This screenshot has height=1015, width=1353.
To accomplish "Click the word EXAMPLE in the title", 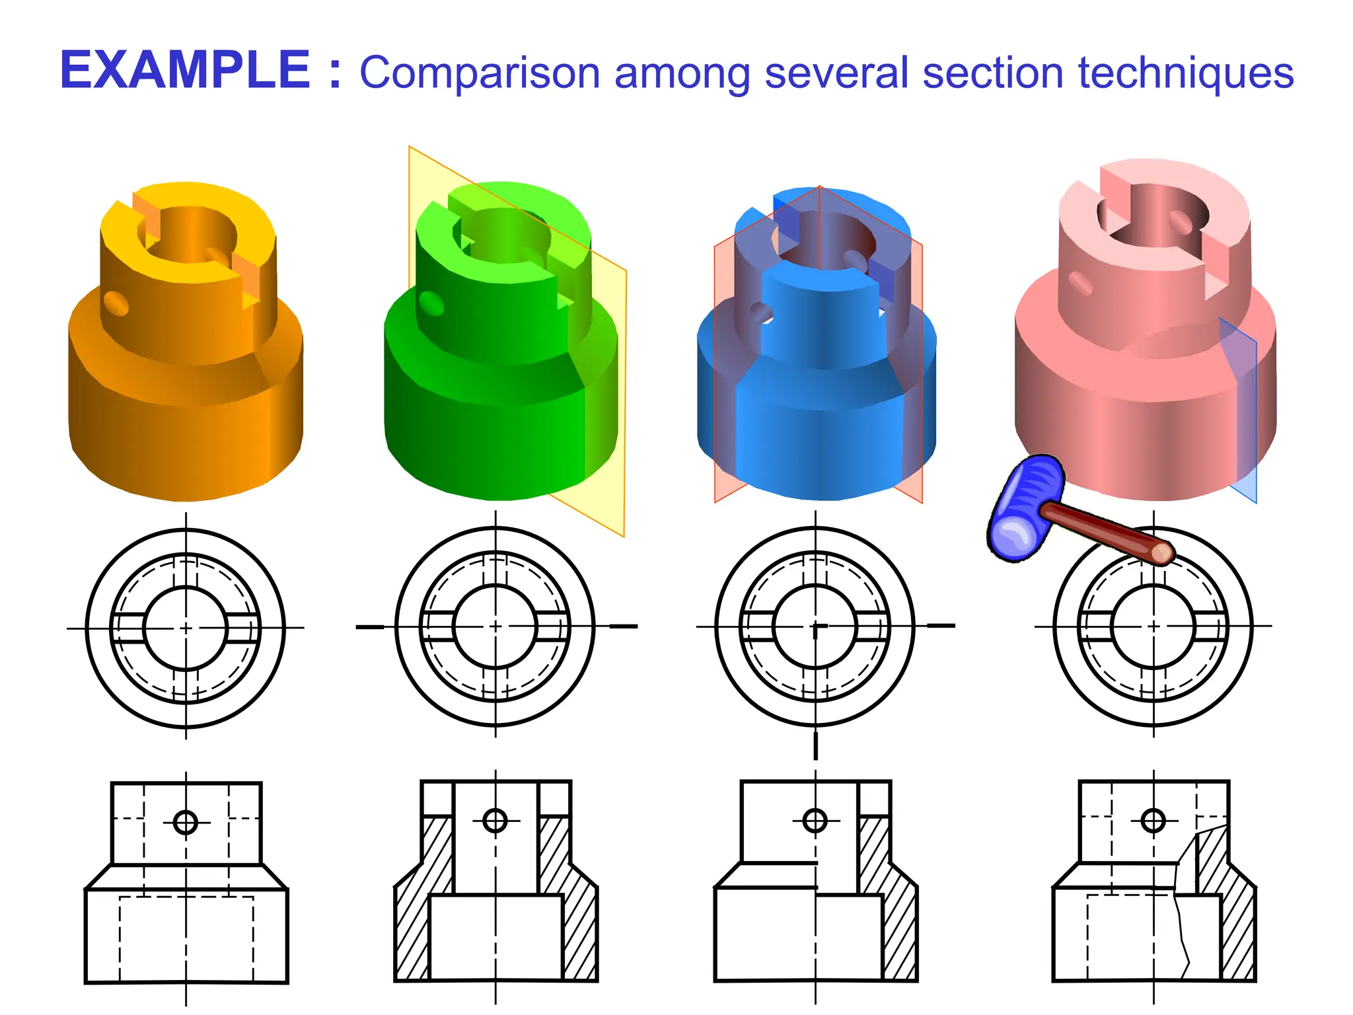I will click(x=185, y=70).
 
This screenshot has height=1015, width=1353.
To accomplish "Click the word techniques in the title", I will click(x=1185, y=73).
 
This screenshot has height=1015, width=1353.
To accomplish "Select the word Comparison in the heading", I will click(x=480, y=73).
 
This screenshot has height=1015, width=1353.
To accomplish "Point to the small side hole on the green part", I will click(x=432, y=303).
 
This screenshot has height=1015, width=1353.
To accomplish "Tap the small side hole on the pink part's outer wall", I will click(x=1081, y=283).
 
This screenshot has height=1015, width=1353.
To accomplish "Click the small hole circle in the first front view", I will click(x=186, y=823).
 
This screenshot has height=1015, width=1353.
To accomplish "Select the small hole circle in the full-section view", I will click(x=495, y=821).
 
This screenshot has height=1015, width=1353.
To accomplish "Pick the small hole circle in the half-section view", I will click(x=815, y=821).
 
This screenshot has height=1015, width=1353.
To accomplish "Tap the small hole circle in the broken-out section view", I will click(x=1153, y=821).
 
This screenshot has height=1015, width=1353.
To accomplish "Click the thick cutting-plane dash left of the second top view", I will click(x=370, y=626).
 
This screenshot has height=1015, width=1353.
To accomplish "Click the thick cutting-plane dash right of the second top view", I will click(x=623, y=626).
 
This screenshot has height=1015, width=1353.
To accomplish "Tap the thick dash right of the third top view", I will click(x=941, y=625).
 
